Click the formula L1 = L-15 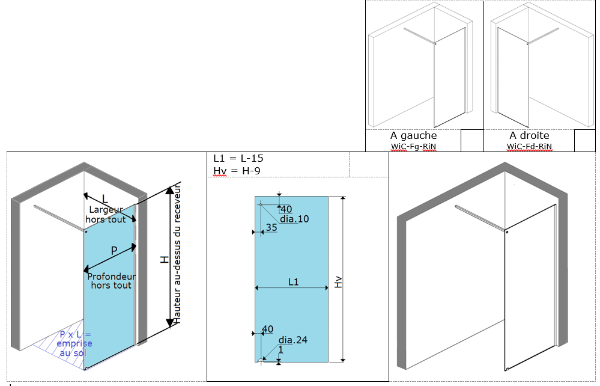[x=238, y=159]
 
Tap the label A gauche [x=413, y=136]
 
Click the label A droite [x=529, y=136]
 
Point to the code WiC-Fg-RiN [x=413, y=146]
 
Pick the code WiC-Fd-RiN [x=529, y=146]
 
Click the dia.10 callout [x=294, y=219]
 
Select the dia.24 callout [x=292, y=340]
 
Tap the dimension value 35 [x=271, y=227]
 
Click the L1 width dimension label [x=294, y=281]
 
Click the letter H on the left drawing [x=163, y=259]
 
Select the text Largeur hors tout [x=106, y=215]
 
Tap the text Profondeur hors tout [x=111, y=281]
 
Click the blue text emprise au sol [x=74, y=343]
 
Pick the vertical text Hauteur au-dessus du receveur [x=177, y=253]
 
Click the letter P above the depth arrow [x=113, y=249]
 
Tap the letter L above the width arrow [x=105, y=198]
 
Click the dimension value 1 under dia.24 [x=280, y=350]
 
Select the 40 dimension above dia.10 [x=286, y=209]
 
